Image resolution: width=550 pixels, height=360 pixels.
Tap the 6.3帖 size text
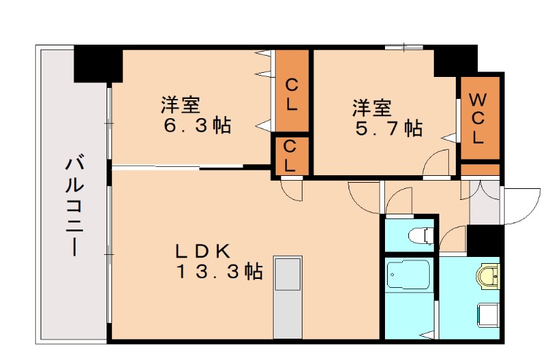click(x=197, y=126)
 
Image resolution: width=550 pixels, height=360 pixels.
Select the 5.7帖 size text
click(x=388, y=128)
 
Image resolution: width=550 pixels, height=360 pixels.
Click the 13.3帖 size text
click(x=219, y=272)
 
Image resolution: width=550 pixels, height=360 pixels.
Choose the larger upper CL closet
click(x=291, y=96)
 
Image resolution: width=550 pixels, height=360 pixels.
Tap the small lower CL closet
click(x=290, y=155)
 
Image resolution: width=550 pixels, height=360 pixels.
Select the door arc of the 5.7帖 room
click(x=437, y=165)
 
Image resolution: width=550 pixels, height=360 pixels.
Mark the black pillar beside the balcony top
click(x=98, y=63)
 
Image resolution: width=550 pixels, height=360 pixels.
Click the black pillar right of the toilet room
click(x=485, y=240)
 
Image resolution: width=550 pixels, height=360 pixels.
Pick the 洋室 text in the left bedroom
click(x=181, y=106)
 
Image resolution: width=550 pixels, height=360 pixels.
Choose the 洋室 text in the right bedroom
click(x=373, y=108)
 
